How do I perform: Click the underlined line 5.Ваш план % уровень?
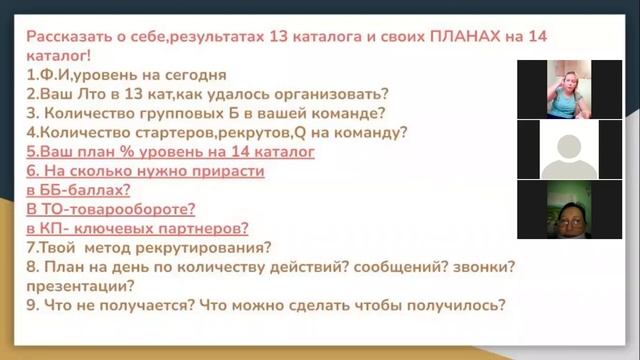click(171, 151)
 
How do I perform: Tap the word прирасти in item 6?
click(229, 171)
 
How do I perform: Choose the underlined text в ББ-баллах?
click(79, 190)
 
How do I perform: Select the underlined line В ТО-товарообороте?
click(111, 209)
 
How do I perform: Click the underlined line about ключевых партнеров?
click(138, 228)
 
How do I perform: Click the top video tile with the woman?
click(568, 88)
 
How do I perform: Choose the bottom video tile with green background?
click(568, 210)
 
